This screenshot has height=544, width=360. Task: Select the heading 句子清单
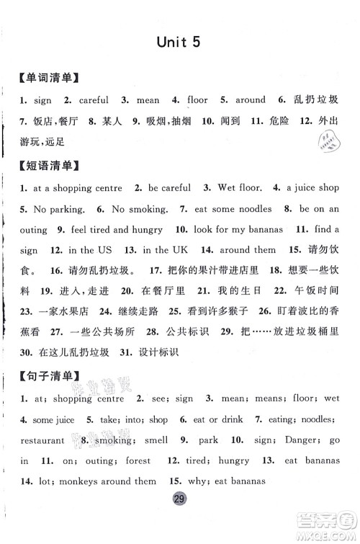coord(50,375)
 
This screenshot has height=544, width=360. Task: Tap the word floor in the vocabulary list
coord(197,100)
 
